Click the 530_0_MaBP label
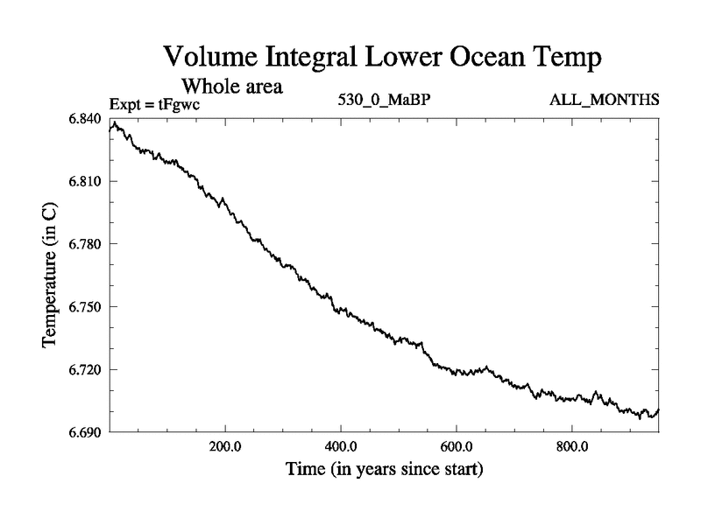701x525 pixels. [x=385, y=100]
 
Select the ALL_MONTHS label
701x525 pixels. [x=604, y=100]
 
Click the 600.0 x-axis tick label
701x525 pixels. [x=457, y=446]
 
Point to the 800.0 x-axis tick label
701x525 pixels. [x=572, y=446]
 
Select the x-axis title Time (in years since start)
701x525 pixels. [x=384, y=470]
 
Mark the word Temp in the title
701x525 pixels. [x=570, y=60]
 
